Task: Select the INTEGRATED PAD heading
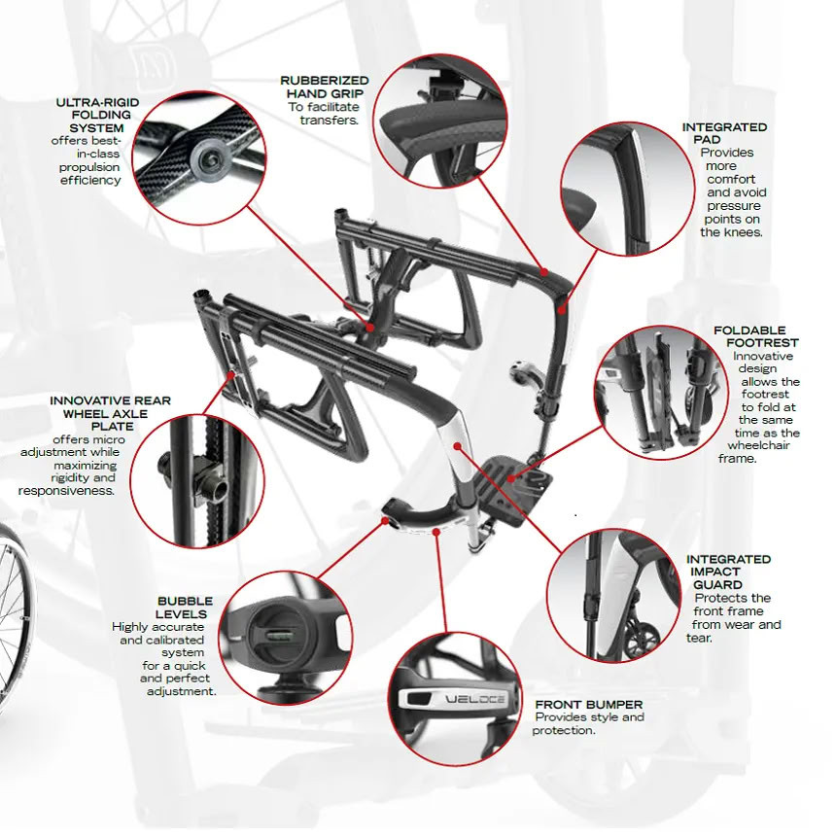(x=724, y=133)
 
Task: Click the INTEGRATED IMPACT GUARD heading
(x=728, y=572)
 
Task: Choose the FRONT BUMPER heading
(x=588, y=704)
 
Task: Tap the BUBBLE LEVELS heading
(x=184, y=608)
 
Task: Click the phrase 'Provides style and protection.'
(x=587, y=724)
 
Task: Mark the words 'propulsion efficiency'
(x=90, y=173)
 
